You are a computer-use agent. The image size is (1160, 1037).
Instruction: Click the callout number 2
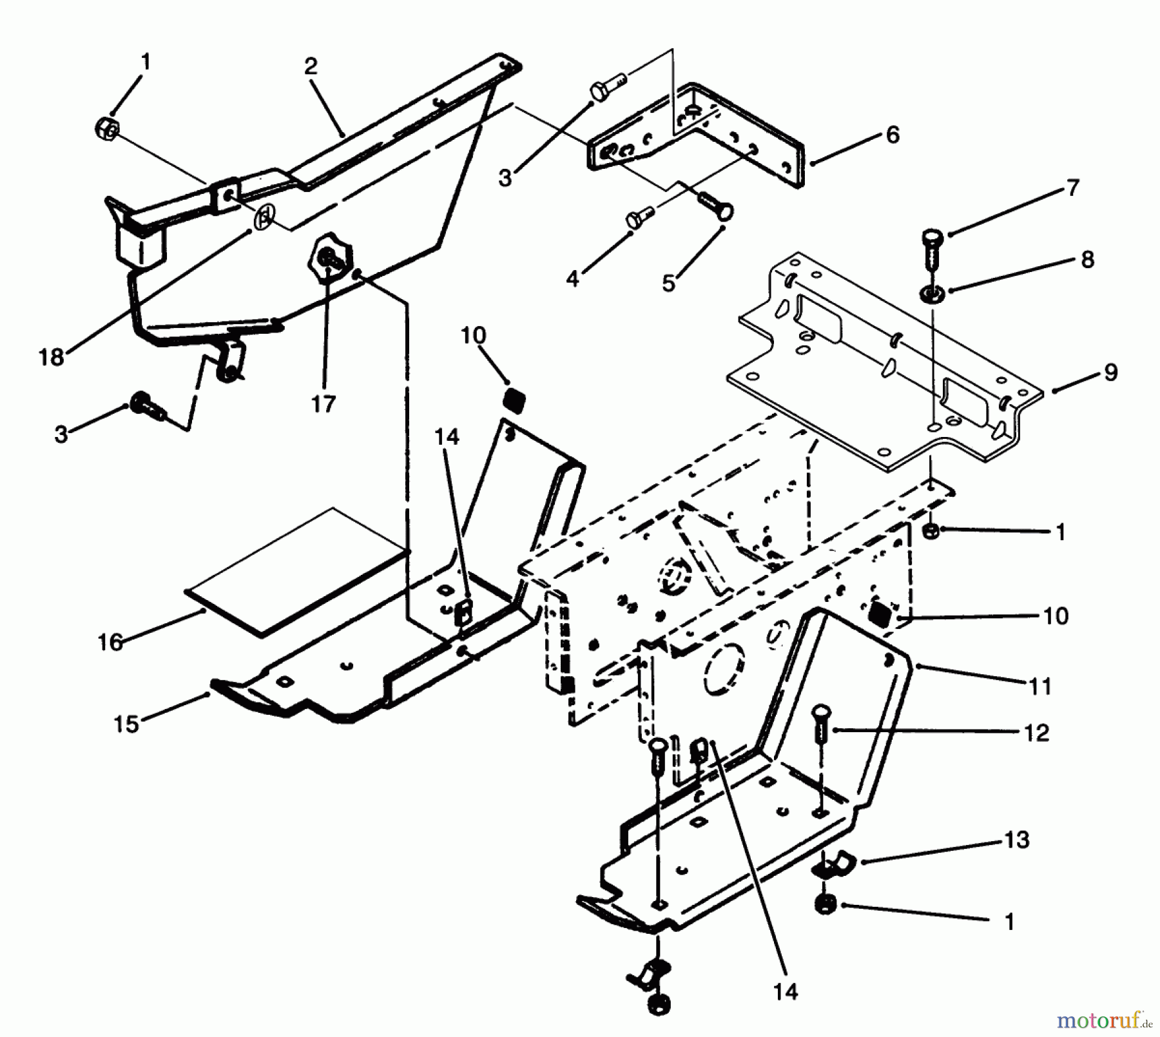pos(311,67)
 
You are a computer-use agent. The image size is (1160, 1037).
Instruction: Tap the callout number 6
pos(893,135)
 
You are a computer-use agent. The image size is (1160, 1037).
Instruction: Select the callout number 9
pos(1110,373)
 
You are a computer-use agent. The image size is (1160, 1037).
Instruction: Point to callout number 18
pos(52,357)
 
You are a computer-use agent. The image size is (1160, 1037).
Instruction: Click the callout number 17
pos(324,404)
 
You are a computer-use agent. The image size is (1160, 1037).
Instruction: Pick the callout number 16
pos(110,642)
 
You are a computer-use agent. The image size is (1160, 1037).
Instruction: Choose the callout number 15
pos(126,724)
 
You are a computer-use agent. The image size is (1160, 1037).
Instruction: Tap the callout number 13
pos(1017,840)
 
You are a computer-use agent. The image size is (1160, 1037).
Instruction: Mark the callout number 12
pos(1036,733)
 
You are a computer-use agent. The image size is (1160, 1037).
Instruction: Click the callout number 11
pos(1040,686)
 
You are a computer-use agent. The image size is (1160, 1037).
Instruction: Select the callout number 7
pos(1072,188)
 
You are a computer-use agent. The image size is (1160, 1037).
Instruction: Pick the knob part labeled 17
pos(331,257)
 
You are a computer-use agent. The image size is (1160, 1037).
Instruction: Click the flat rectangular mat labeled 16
pos(296,570)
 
